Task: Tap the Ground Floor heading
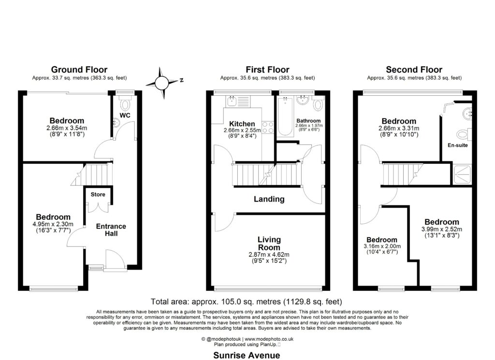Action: [79, 70]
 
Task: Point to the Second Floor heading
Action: [414, 70]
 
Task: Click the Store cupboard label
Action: [98, 195]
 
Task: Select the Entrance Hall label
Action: [111, 230]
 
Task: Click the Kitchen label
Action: [242, 124]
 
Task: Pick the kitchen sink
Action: [232, 101]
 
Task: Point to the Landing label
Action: [270, 199]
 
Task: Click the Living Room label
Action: [269, 244]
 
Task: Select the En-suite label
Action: [458, 144]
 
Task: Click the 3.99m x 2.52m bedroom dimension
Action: [440, 229]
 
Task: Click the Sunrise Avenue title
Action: [247, 355]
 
